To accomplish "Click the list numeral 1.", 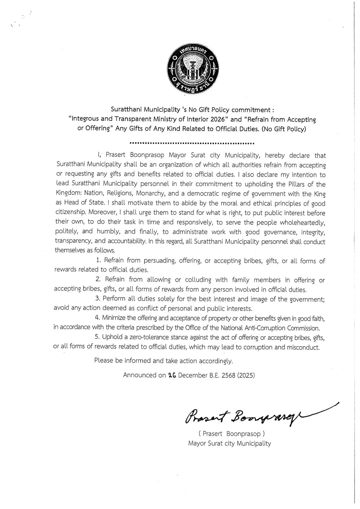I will tap(98, 260).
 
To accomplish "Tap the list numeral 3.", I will tap(97, 299).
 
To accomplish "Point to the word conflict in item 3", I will tap(163, 309).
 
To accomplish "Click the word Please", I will tap(104, 361).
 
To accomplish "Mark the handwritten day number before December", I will tap(172, 375).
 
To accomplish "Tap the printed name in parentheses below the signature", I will tap(231, 434).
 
